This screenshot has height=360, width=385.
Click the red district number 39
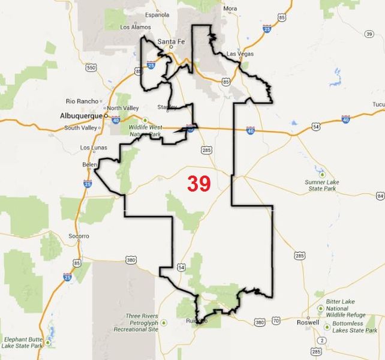click(198, 184)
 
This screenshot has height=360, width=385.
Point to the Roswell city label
click(308, 322)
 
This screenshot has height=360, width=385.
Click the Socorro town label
click(79, 236)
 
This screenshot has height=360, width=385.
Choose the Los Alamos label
click(134, 27)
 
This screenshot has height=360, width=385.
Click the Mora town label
click(230, 8)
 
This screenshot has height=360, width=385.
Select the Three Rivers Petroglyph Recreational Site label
click(142, 323)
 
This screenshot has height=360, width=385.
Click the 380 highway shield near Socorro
click(131, 260)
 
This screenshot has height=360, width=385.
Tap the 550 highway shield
click(91, 68)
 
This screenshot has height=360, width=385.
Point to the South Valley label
click(79, 127)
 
